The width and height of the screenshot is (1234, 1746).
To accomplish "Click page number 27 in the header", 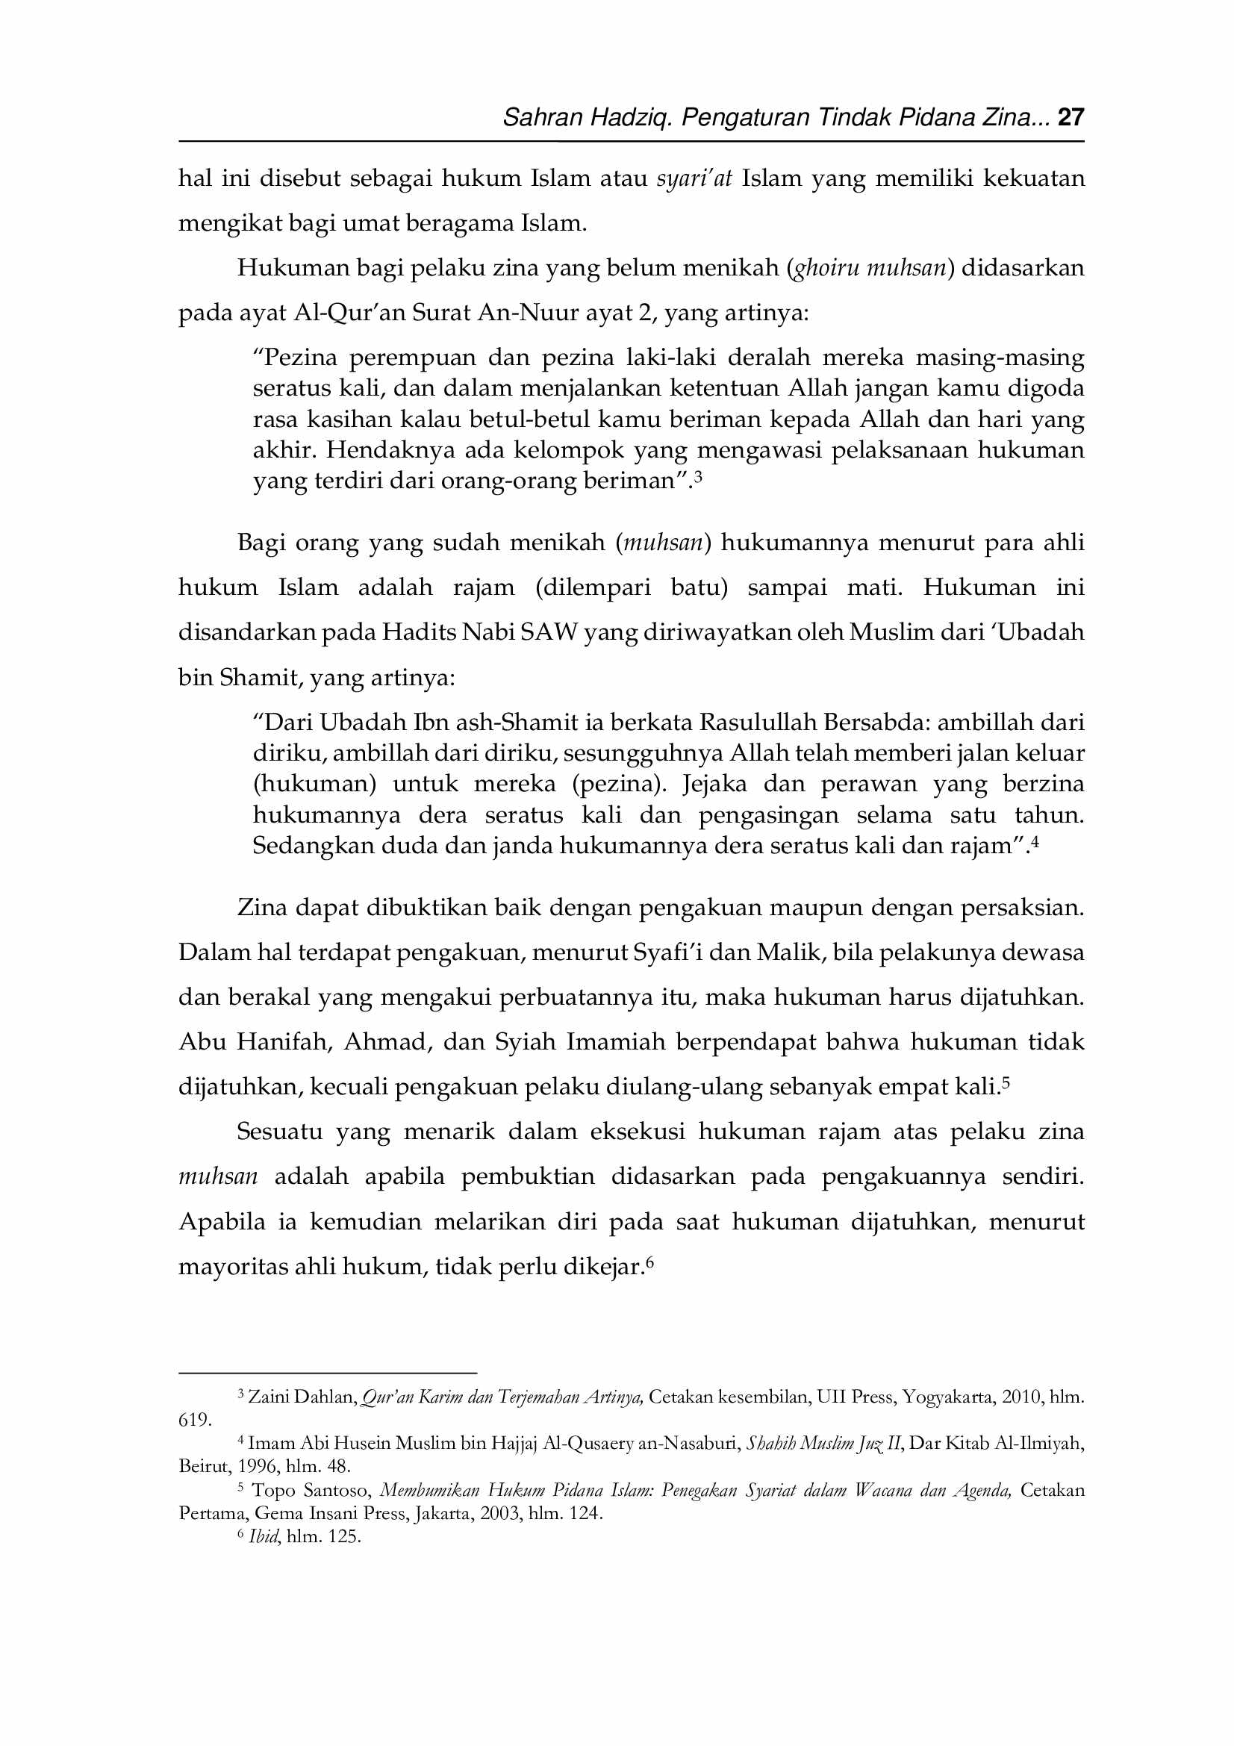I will coord(1070,117).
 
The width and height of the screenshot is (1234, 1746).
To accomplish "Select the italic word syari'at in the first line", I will coord(694,178).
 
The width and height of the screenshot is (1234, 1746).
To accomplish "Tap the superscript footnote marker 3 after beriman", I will coord(698,477).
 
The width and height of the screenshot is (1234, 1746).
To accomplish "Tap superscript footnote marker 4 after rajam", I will coord(1034,841).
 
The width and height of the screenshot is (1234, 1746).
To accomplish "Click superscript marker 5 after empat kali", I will coord(1006,1083).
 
